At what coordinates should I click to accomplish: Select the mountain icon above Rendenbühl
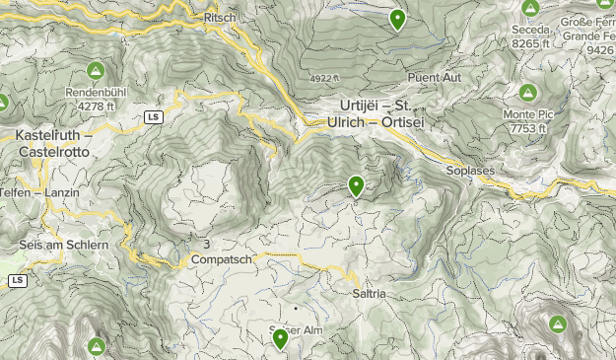point(96,71)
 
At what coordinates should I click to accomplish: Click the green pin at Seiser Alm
point(280,339)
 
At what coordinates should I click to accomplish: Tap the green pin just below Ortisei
point(356,185)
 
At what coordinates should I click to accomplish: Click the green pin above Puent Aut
point(397,19)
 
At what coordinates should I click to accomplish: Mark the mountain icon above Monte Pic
point(527,94)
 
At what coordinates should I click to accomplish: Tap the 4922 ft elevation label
point(321,77)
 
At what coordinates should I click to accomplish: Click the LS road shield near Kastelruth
point(152,117)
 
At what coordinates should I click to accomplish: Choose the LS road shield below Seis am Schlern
point(17,281)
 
